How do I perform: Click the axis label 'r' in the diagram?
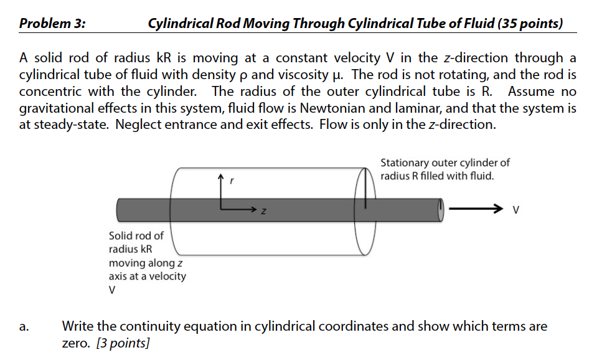coord(232,181)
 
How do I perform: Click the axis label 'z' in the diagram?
coord(263,213)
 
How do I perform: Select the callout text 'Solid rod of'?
coord(136,236)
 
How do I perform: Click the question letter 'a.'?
coord(24,326)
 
